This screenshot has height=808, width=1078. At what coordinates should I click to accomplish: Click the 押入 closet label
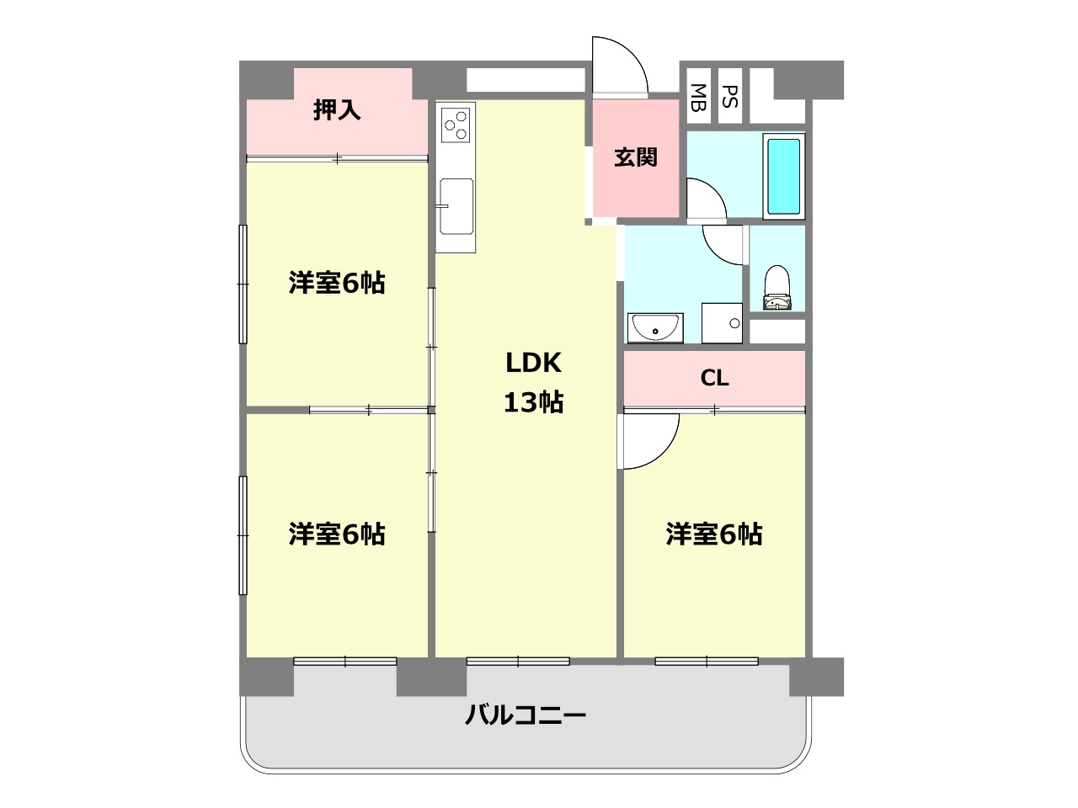point(337,110)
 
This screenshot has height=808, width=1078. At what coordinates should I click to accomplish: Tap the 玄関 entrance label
point(635,157)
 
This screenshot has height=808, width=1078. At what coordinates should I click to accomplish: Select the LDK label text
point(533,363)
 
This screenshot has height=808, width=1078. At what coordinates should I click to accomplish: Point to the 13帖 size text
point(533,402)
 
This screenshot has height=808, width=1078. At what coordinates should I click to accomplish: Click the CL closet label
point(714,379)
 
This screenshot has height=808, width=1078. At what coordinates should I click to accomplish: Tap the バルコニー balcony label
point(526,716)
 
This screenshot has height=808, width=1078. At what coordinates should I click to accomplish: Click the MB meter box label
point(698,98)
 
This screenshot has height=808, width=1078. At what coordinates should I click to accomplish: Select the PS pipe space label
point(730,97)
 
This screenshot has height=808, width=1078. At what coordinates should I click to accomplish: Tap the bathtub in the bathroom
point(783,176)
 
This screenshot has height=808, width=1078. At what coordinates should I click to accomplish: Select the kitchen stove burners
point(456,124)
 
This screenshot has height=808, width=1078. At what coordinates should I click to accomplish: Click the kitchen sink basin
point(456,205)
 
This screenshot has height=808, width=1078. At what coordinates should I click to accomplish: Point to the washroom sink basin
point(654,327)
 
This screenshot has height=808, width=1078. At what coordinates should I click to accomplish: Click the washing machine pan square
point(722,323)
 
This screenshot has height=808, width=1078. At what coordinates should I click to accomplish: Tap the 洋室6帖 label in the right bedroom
point(714,534)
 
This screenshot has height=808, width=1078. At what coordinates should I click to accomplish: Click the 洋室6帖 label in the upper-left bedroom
point(337,283)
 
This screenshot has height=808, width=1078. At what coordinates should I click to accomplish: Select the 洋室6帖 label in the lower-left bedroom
point(337,534)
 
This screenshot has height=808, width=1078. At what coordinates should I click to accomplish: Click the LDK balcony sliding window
point(518,662)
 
